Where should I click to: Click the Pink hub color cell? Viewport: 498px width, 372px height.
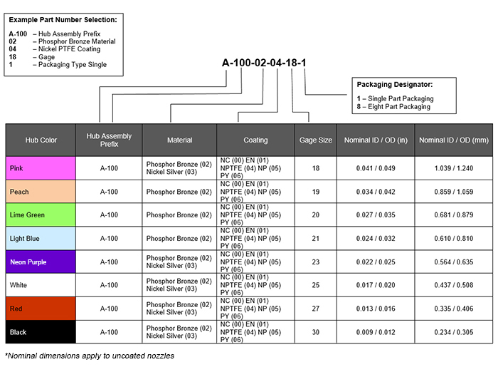[41, 168]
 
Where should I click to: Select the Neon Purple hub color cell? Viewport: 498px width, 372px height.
[41, 262]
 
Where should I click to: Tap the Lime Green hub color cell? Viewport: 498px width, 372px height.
[41, 215]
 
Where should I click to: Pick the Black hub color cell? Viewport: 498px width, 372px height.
[41, 332]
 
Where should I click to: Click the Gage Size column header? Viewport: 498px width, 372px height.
[315, 140]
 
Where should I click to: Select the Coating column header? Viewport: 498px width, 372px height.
[255, 140]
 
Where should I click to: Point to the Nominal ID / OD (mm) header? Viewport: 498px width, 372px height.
[452, 140]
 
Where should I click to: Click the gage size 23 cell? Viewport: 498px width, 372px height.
[315, 262]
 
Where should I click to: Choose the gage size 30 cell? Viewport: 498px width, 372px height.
[315, 332]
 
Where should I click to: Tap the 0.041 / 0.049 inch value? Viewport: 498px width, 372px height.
[376, 168]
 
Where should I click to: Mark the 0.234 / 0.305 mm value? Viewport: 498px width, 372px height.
[452, 332]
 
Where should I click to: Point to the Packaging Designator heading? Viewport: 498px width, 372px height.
[395, 85]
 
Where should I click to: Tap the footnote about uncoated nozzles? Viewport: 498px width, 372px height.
[90, 356]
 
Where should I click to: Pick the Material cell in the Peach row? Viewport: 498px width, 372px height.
[179, 192]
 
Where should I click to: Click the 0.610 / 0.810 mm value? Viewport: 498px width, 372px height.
[452, 239]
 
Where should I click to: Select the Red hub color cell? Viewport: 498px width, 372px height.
[41, 309]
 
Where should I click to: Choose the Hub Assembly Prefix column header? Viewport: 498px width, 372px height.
[109, 140]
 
